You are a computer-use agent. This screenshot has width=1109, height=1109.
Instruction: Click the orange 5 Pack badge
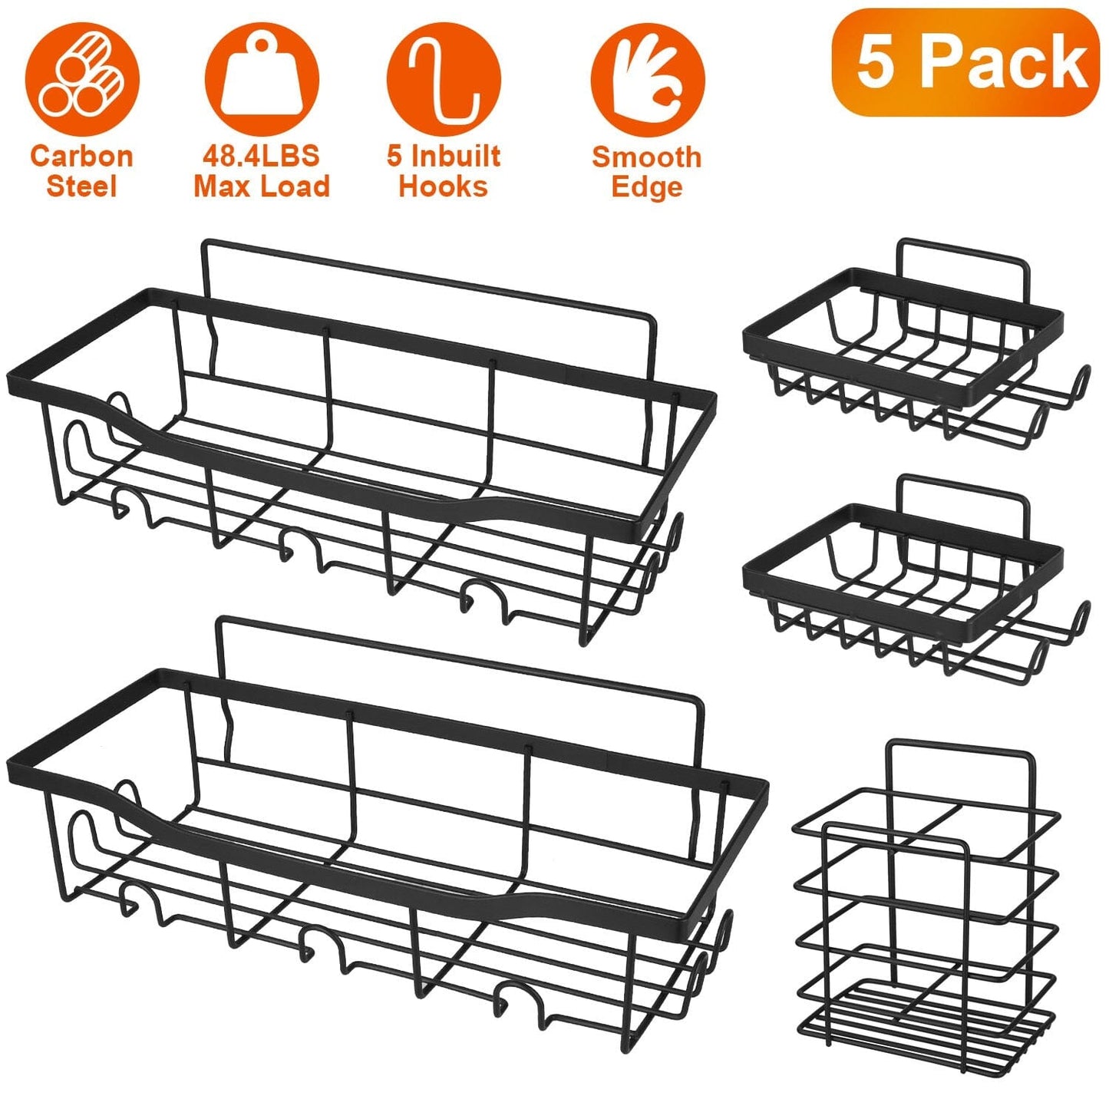[x=965, y=63]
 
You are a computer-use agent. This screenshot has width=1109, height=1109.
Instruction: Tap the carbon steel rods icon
[x=82, y=80]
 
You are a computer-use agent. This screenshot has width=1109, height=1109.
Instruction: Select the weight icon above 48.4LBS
[x=262, y=80]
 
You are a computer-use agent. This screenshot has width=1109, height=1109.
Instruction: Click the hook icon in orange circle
[x=443, y=80]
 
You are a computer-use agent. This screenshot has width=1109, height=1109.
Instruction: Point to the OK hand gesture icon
[x=647, y=80]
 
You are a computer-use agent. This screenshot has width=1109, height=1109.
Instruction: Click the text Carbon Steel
[x=81, y=171]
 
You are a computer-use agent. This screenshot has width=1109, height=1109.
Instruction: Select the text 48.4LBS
[x=261, y=156]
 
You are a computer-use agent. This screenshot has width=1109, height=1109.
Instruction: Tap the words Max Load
[x=261, y=186]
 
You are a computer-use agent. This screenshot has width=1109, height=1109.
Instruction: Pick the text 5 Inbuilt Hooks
[x=443, y=171]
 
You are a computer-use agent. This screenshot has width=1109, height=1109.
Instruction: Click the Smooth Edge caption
[x=646, y=172]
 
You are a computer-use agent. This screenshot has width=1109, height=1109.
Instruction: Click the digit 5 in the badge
[x=876, y=63]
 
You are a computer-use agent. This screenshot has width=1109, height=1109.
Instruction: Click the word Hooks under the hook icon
[x=443, y=187]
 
